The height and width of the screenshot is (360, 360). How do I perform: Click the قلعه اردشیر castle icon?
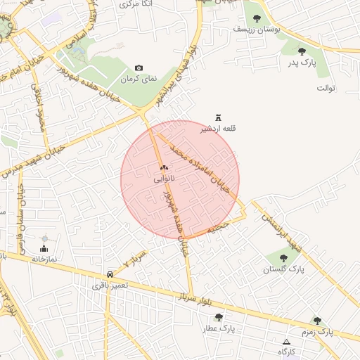click(218, 118)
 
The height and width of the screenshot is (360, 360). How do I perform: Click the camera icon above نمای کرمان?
click(139, 67)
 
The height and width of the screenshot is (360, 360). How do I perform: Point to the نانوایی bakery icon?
click(164, 168)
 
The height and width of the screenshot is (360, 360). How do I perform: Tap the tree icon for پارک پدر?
click(302, 51)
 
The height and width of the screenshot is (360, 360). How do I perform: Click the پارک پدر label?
click(302, 63)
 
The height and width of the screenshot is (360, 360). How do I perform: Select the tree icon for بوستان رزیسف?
click(256, 18)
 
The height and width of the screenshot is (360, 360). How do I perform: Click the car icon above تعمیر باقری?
click(110, 274)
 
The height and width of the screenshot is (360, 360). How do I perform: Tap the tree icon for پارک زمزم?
click(317, 320)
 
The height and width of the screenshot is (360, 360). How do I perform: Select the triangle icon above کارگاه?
click(285, 342)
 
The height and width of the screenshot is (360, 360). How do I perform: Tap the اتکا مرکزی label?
click(127, 4)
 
